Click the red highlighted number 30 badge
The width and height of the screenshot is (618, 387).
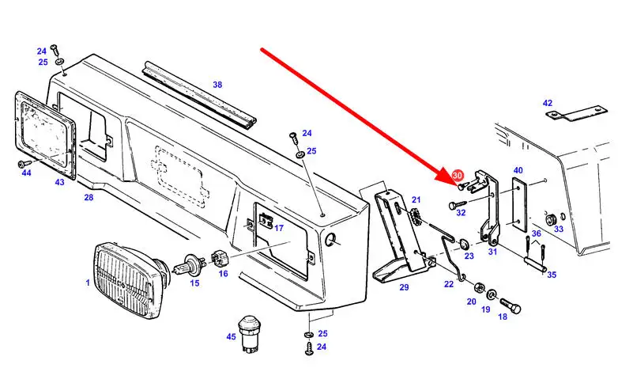click(x=457, y=176)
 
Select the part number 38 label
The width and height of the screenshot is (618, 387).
click(x=217, y=85)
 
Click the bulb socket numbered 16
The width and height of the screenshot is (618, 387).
click(x=220, y=259)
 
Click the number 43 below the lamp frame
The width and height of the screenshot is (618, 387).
click(x=60, y=183)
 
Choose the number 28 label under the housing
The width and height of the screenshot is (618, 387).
click(x=89, y=197)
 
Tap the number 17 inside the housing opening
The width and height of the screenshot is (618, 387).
click(x=278, y=229)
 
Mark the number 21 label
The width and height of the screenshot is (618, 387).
click(x=416, y=200)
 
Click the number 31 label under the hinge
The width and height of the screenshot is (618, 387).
click(x=492, y=252)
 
